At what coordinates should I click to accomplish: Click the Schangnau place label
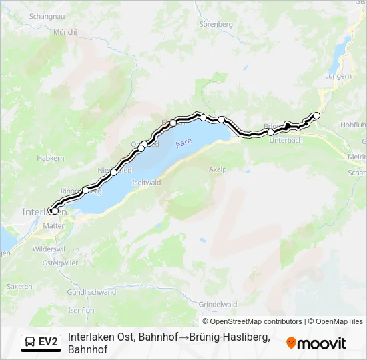point(61,15)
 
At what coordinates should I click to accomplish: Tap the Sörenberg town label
point(215,24)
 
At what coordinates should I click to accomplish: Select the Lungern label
point(338,76)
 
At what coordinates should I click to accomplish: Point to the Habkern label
point(51,158)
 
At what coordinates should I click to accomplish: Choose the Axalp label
point(218,169)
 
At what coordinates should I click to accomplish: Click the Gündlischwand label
point(92,292)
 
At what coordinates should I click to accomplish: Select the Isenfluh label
point(81,310)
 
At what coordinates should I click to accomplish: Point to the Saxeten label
point(19,286)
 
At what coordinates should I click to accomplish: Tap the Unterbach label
point(286,140)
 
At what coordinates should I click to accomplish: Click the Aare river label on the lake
point(183,143)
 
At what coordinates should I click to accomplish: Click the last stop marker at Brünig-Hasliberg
point(316,116)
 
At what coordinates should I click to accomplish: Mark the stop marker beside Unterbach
point(270,132)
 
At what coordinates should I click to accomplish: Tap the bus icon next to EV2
point(31,343)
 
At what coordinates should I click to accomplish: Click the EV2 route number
point(47,343)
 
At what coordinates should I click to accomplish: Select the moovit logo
point(316,343)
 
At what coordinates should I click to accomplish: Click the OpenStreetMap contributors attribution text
point(256,321)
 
